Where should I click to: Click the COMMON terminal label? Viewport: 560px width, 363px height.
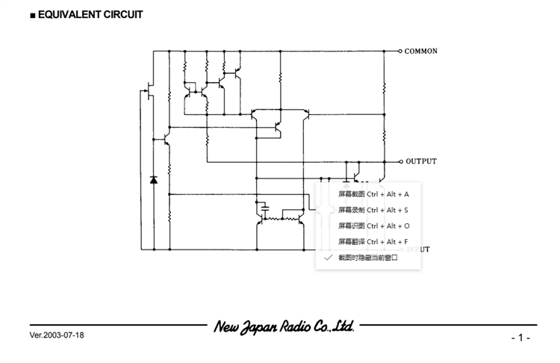tap(421, 52)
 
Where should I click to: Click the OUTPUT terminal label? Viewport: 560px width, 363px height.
tap(421, 161)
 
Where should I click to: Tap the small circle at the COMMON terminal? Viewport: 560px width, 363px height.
tap(400, 52)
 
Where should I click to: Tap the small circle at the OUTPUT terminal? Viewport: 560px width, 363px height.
tap(400, 161)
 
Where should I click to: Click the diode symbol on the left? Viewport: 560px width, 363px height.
tap(154, 179)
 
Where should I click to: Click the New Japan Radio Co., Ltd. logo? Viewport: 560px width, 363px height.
tap(284, 326)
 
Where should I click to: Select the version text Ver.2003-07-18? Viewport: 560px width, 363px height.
tap(57, 335)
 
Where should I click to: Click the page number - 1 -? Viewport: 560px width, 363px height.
tap(520, 338)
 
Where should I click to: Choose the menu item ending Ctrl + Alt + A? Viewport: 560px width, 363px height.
tap(373, 194)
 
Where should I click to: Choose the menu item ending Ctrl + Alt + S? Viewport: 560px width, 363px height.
tap(373, 210)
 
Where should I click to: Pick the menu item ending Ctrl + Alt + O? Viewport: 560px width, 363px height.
tap(373, 226)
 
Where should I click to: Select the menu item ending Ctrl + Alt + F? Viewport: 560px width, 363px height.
tap(373, 241)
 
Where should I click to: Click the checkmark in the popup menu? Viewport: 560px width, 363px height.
tap(326, 257)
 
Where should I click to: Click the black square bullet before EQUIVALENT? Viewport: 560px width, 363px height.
tap(33, 15)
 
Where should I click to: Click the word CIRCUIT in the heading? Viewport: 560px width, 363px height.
tap(122, 14)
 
